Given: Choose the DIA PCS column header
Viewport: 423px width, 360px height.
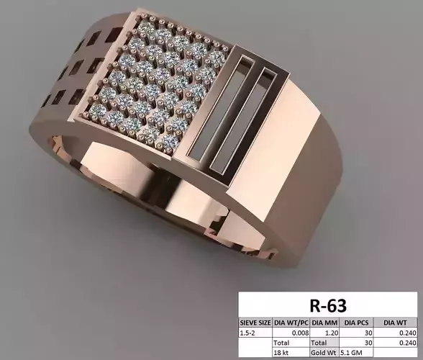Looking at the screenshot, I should tap(355, 323).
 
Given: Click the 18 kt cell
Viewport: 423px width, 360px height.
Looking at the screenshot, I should tap(291, 354).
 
